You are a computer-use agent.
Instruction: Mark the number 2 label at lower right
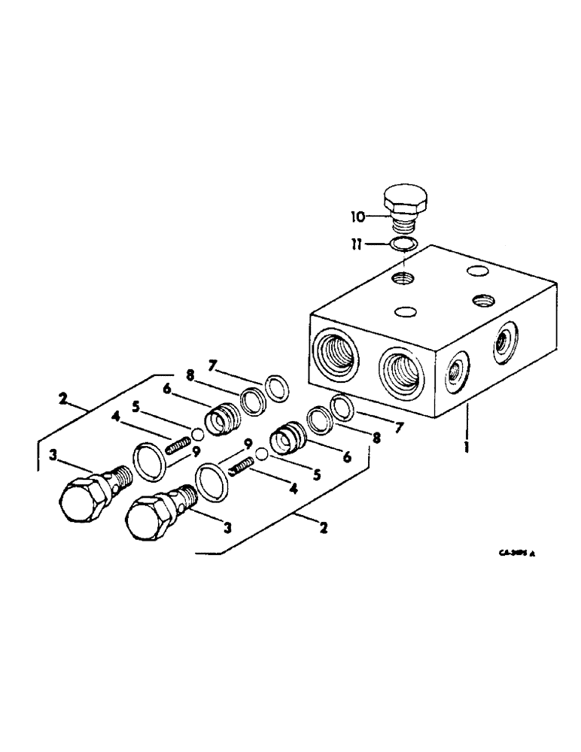323,527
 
